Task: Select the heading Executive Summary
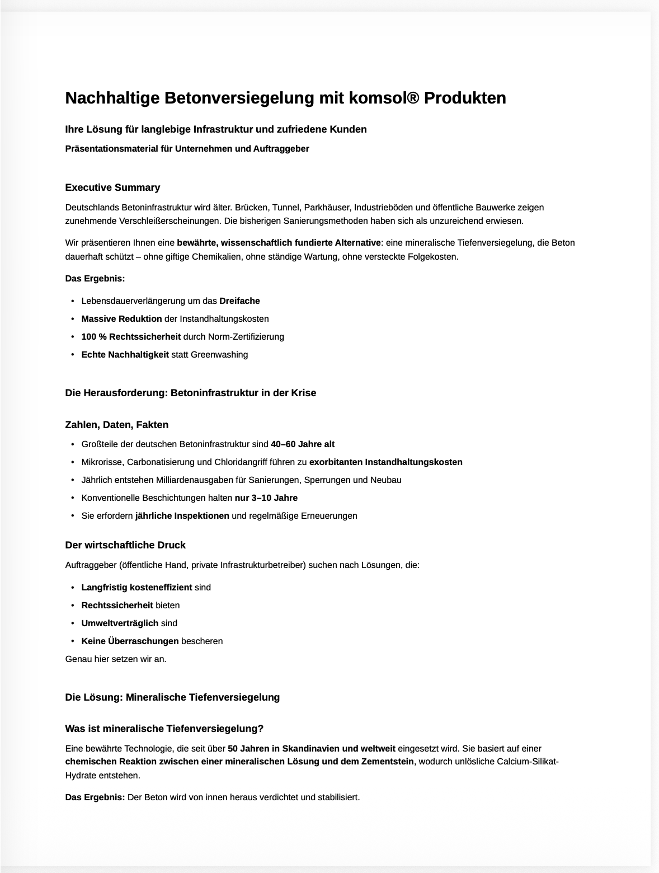click(x=112, y=187)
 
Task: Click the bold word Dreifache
click(x=239, y=301)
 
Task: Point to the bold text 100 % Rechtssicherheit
click(x=131, y=337)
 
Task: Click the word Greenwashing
click(x=219, y=355)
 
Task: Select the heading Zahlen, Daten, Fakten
click(x=116, y=425)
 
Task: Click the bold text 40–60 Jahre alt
click(x=303, y=444)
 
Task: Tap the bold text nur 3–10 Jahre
click(x=266, y=498)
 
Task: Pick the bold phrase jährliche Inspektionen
click(x=182, y=516)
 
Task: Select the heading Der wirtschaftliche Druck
click(x=125, y=545)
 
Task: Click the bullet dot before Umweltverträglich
click(x=73, y=623)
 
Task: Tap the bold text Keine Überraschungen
click(x=130, y=641)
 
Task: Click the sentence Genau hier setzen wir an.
click(x=116, y=659)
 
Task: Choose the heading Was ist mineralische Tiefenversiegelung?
click(x=164, y=729)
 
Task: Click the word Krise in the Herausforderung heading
click(x=304, y=393)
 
